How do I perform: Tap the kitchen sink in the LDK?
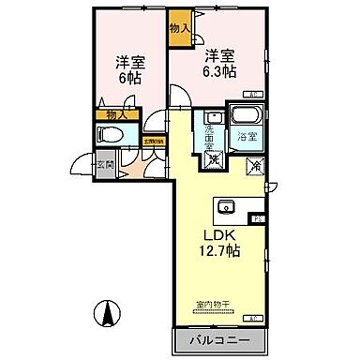[224, 206]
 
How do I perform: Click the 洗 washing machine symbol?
[215, 160]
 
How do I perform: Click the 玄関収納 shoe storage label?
[150, 142]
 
